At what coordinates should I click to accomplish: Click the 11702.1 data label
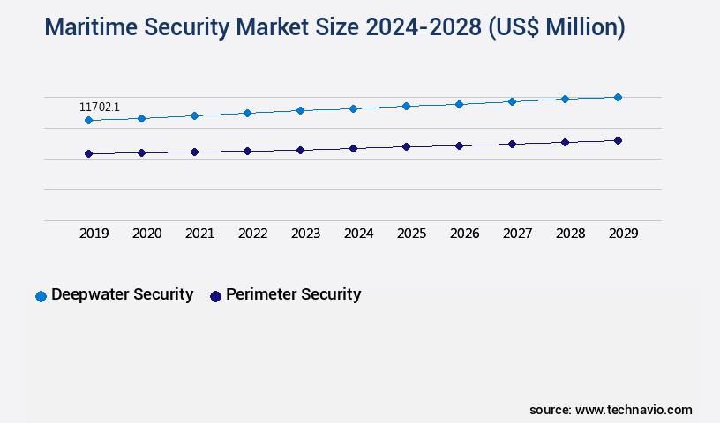point(99,107)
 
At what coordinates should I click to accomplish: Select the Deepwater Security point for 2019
point(88,120)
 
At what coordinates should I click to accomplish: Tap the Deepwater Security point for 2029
point(618,97)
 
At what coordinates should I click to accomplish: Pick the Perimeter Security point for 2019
point(88,153)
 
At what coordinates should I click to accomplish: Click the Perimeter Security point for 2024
point(353,148)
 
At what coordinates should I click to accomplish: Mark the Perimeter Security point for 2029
point(618,140)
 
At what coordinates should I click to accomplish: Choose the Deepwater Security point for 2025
point(406,106)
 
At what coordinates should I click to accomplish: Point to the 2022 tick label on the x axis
point(253,234)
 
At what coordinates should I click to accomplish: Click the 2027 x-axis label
point(518,234)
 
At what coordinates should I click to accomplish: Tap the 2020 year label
point(147,234)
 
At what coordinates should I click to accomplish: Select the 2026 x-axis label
point(465,234)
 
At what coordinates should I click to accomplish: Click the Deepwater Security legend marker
point(41,296)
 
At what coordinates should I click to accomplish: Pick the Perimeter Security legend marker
point(215,296)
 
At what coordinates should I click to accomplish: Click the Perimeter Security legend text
point(293,294)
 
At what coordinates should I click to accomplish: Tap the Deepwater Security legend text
point(122,294)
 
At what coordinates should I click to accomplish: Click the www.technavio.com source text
point(634,410)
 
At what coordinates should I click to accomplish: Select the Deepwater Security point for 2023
point(300,110)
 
